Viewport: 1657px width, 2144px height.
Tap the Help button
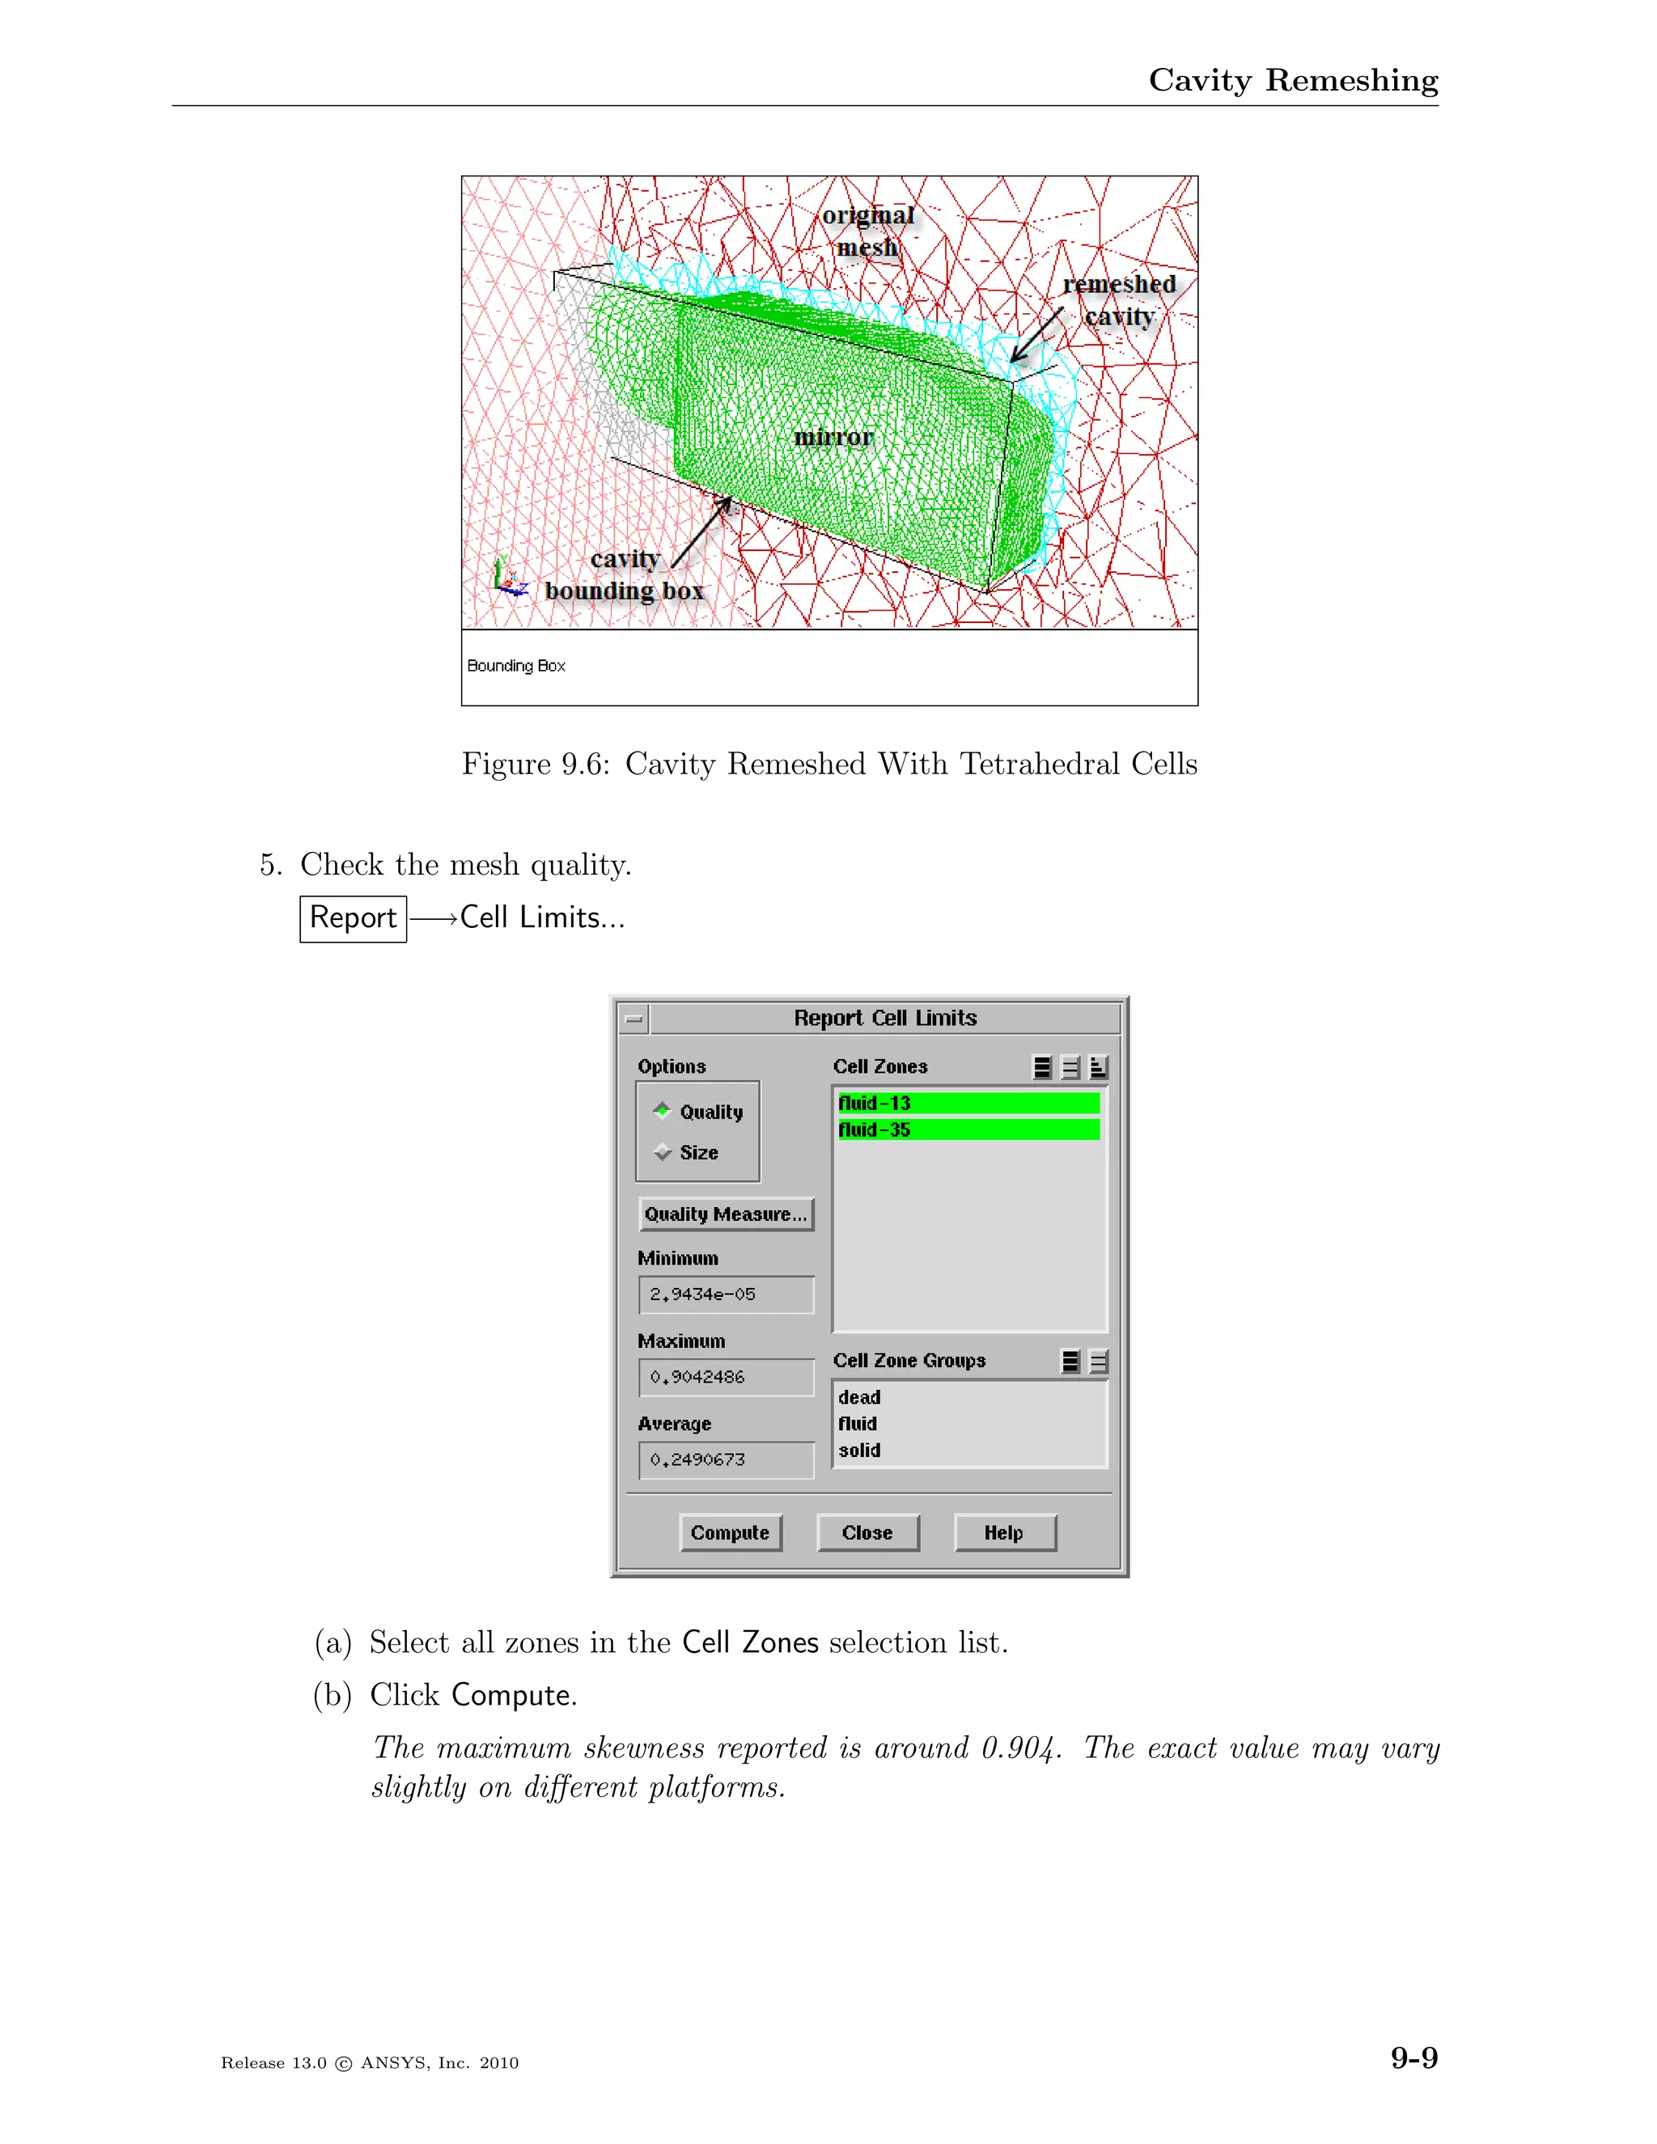(1004, 1532)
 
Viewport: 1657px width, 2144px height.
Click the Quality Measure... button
(726, 1214)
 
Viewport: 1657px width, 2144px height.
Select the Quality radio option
(663, 1112)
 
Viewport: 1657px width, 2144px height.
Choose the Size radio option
(663, 1152)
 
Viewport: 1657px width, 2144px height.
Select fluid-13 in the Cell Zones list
(967, 1104)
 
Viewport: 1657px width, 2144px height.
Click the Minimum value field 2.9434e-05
(726, 1294)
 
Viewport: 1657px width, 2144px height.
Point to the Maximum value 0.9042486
(726, 1376)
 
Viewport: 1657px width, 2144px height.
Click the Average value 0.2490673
(726, 1459)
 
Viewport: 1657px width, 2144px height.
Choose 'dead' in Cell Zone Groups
(860, 1397)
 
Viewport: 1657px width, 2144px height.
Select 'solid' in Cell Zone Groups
(860, 1450)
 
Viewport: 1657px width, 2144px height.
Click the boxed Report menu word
(354, 918)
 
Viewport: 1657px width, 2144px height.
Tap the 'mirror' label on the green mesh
(833, 437)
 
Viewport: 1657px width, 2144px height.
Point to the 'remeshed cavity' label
(1119, 299)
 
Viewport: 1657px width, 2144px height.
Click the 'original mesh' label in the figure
(868, 231)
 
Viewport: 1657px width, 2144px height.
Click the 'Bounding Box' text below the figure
(516, 666)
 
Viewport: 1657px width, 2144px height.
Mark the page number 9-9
(1413, 2057)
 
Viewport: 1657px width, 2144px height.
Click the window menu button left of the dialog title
(634, 1018)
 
